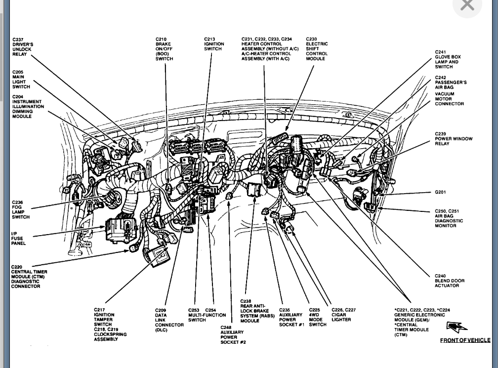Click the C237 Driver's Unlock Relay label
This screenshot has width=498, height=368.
(23, 47)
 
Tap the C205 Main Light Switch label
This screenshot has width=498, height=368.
(21, 79)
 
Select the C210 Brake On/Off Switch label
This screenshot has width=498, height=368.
(164, 49)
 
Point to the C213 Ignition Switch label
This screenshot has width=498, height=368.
(214, 44)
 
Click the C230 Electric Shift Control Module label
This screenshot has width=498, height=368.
(317, 49)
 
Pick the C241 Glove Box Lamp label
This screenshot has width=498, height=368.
(448, 59)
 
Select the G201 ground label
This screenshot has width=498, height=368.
(441, 193)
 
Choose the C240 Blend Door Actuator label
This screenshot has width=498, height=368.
(450, 281)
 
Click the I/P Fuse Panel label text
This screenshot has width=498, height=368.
(18, 238)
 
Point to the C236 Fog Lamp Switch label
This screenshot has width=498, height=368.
(21, 209)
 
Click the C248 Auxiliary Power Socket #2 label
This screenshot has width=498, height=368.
(233, 334)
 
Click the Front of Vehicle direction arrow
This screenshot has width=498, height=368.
(456, 327)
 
